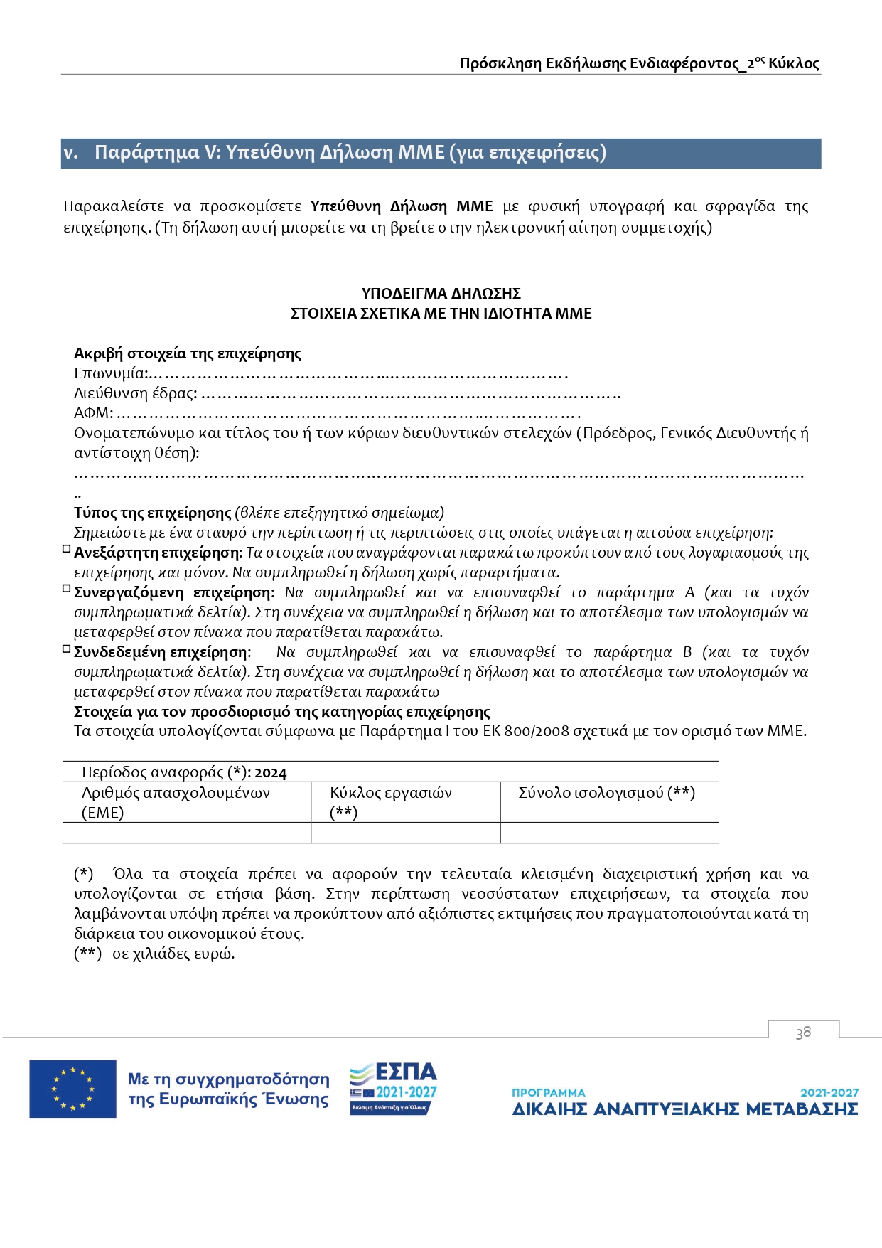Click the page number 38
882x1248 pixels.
pyautogui.click(x=803, y=1033)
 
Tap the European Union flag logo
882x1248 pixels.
pyautogui.click(x=72, y=1089)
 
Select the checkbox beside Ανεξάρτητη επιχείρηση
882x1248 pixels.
pyautogui.click(x=67, y=549)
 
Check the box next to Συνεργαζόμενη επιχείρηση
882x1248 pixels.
pyautogui.click(x=67, y=589)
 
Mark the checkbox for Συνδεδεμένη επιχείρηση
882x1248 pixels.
pyautogui.click(x=67, y=649)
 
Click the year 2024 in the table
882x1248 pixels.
pyautogui.click(x=271, y=773)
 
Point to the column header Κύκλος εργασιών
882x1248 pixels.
pyautogui.click(x=391, y=793)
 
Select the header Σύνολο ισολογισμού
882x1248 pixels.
pyautogui.click(x=606, y=793)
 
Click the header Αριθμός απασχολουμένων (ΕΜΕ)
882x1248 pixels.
pyautogui.click(x=176, y=802)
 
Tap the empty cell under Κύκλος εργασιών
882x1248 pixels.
pyautogui.click(x=405, y=833)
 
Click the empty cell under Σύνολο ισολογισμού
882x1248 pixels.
pyautogui.click(x=609, y=833)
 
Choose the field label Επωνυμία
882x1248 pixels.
pyautogui.click(x=111, y=373)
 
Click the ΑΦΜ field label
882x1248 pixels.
pyautogui.click(x=93, y=413)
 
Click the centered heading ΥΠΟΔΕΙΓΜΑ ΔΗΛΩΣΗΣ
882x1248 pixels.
pyautogui.click(x=441, y=294)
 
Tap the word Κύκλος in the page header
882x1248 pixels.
pyautogui.click(x=794, y=63)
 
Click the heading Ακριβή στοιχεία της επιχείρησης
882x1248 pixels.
pyautogui.click(x=188, y=353)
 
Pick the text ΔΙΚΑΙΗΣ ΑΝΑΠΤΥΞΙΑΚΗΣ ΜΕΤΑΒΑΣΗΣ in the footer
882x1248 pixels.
pyautogui.click(x=685, y=1109)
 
